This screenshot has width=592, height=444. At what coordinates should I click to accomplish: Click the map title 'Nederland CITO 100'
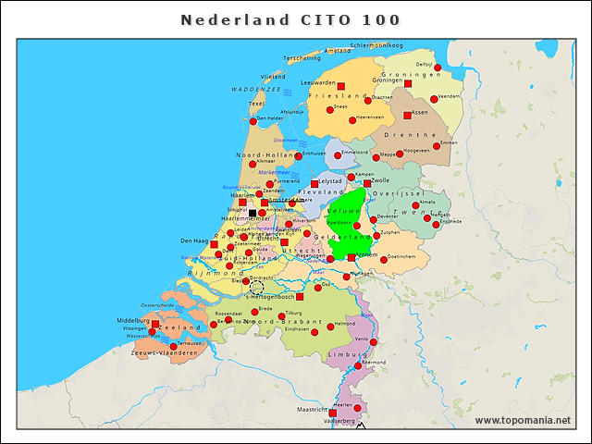tap(290, 19)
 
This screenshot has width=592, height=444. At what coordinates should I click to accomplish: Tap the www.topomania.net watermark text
tap(523, 421)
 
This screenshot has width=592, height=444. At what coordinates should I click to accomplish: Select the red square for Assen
tap(407, 116)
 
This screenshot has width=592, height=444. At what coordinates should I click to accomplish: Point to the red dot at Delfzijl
tap(438, 68)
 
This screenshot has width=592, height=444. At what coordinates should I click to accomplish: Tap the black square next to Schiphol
tap(253, 213)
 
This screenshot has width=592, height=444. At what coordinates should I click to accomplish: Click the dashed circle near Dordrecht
tap(257, 288)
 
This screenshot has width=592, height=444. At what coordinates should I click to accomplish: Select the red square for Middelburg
tap(155, 324)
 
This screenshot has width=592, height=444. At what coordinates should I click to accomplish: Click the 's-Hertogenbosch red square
tap(300, 297)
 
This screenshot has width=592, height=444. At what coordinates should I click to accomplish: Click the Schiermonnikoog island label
tap(376, 44)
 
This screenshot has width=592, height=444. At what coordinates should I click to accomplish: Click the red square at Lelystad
tap(314, 183)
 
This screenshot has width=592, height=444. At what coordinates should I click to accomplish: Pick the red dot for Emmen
tap(436, 146)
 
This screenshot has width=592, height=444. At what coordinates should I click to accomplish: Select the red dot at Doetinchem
tap(384, 259)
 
